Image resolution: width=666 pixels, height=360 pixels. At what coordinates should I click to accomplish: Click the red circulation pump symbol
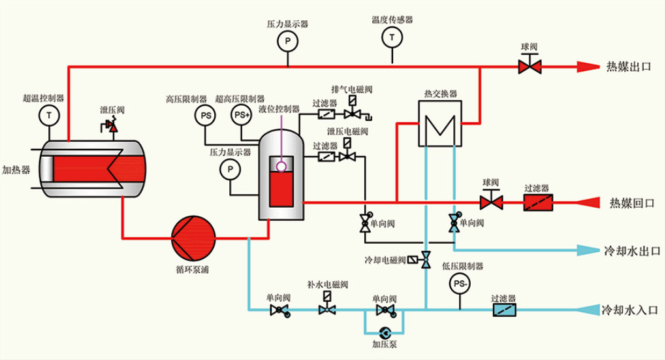tap(193, 237)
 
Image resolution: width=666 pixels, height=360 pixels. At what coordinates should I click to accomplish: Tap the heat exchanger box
tap(439, 123)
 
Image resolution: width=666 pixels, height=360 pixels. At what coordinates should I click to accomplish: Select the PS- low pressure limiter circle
tap(460, 284)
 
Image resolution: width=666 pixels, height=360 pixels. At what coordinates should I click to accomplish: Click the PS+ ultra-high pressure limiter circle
tap(242, 114)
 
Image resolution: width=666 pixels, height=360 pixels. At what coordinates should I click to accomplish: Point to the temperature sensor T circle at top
tap(392, 38)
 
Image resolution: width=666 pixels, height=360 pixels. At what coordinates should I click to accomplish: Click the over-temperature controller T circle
tap(48, 115)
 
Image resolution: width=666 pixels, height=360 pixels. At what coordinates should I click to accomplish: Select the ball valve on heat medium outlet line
tap(529, 66)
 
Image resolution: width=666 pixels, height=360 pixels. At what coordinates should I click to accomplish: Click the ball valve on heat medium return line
tap(491, 201)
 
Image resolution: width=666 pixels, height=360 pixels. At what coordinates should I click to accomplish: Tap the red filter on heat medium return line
tap(538, 203)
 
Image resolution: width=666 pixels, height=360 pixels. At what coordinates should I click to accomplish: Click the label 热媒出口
tap(629, 67)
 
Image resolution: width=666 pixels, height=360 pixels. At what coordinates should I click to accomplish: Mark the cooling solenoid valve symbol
tap(426, 260)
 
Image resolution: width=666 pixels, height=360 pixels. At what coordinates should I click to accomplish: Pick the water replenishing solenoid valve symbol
tap(327, 308)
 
